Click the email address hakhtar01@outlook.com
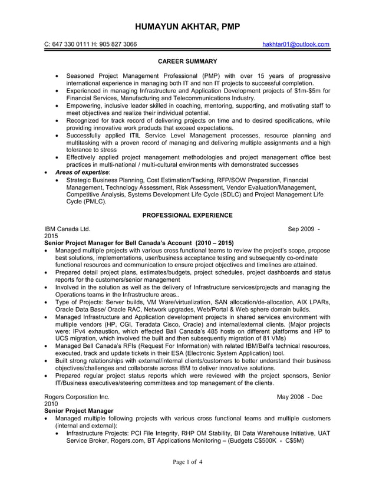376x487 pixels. point(296,44)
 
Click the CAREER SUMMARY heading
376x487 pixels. point(187,61)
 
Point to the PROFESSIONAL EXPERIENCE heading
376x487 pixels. point(187,215)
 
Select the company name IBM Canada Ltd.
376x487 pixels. point(68,228)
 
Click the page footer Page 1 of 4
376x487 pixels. point(187,462)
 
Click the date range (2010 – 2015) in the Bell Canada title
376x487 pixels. point(215,242)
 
